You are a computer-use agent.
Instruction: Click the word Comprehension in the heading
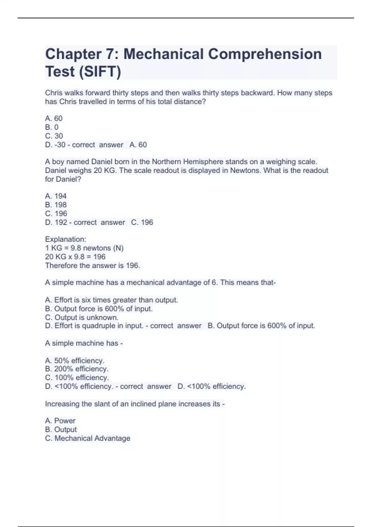(265, 54)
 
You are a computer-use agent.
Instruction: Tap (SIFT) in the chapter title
(100, 72)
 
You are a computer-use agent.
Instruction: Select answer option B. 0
(52, 127)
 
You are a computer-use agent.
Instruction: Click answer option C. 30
(54, 136)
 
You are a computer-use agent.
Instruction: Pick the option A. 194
(56, 196)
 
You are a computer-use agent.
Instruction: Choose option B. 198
(56, 205)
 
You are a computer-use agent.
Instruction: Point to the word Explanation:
(65, 239)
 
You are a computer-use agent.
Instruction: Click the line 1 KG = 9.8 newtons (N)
(84, 248)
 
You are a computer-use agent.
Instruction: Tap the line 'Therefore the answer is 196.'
(92, 265)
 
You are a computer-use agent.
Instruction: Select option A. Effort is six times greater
(111, 300)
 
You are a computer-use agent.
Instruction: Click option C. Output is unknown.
(82, 317)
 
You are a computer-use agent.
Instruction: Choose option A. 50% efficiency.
(75, 361)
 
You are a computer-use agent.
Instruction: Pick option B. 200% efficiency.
(77, 369)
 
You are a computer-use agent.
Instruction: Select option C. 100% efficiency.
(77, 378)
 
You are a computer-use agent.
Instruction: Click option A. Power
(60, 421)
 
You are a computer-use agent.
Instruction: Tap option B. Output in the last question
(61, 429)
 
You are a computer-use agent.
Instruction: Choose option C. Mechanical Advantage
(87, 438)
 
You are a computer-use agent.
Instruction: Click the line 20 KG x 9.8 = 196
(75, 257)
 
